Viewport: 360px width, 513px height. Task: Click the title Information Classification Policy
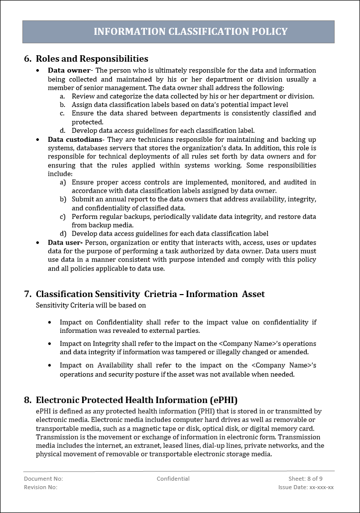point(190,31)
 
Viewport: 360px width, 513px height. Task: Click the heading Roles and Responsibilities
point(92,59)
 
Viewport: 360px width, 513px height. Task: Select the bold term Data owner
point(69,71)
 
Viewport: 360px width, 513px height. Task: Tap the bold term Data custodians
point(75,139)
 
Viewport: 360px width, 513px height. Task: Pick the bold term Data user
point(65,242)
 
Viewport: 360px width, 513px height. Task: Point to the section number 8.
point(28,400)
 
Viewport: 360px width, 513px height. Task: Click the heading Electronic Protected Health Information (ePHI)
point(136,400)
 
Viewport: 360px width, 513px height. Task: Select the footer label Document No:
point(43,479)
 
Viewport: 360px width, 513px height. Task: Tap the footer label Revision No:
point(40,487)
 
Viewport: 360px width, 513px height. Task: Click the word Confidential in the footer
point(173,479)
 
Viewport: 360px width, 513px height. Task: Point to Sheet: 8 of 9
point(305,479)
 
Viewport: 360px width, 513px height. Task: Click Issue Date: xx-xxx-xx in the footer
point(306,487)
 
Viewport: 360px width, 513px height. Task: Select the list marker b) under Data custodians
point(63,200)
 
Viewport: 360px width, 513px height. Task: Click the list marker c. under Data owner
point(62,113)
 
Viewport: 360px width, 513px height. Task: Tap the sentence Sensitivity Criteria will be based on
point(91,306)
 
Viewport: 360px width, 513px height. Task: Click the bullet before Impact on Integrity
point(50,344)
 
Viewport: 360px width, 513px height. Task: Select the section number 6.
point(28,59)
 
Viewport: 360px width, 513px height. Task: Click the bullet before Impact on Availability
point(50,365)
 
